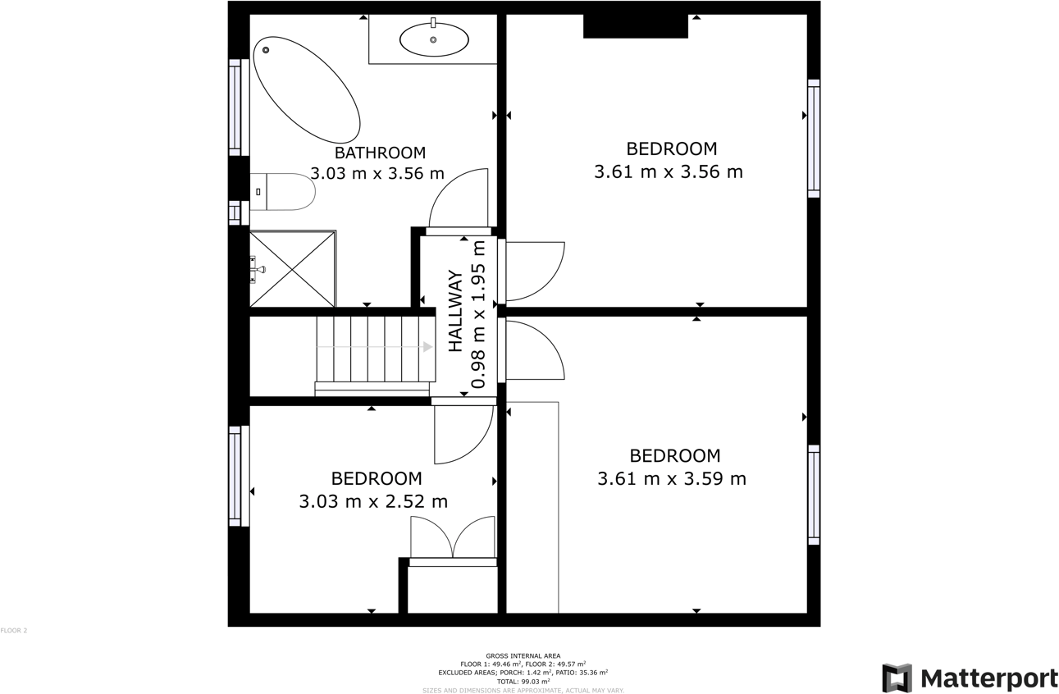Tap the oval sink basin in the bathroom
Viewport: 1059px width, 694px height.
434,39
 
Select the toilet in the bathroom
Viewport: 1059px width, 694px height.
284,191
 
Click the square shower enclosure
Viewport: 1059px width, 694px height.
292,269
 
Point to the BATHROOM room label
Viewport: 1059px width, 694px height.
380,153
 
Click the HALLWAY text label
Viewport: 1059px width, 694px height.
455,311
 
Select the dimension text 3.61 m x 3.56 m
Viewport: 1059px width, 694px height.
669,172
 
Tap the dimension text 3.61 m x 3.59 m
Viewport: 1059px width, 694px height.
672,478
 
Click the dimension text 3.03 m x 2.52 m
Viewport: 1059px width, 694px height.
373,501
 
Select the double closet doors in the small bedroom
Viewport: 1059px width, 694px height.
453,538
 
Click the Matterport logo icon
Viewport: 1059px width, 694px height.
897,678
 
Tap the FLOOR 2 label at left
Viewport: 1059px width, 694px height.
14,631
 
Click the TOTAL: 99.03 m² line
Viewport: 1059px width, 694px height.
523,682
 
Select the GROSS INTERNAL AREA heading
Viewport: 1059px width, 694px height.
523,655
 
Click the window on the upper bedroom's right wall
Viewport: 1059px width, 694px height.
814,138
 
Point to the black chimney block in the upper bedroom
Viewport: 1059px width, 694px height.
635,25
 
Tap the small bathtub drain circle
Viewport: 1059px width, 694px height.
266,50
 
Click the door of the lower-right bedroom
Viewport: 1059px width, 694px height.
533,350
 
